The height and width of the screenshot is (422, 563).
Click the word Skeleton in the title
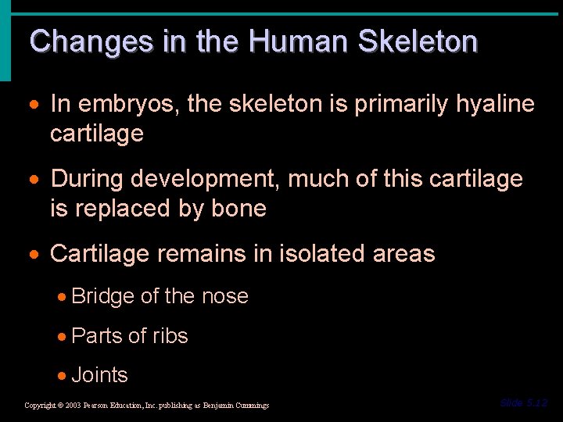418,41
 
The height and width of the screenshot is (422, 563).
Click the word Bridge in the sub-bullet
102,296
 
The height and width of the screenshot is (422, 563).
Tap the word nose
224,296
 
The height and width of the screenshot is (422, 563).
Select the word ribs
170,336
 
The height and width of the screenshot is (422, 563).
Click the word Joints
99,375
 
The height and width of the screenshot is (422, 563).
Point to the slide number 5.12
524,403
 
